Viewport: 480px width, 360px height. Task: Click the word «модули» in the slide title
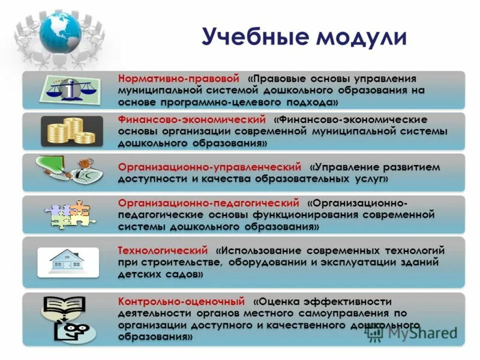(x=361, y=37)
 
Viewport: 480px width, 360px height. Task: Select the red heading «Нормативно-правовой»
(x=178, y=79)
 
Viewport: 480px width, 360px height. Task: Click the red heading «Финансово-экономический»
(x=191, y=120)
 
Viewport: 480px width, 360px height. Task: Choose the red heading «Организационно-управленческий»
(x=209, y=166)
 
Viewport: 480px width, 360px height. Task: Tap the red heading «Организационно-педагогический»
(x=208, y=203)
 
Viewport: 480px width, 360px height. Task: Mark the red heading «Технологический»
(x=163, y=250)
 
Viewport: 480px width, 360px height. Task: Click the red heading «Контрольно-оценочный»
(x=181, y=301)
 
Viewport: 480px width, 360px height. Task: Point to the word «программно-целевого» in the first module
(x=206, y=101)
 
